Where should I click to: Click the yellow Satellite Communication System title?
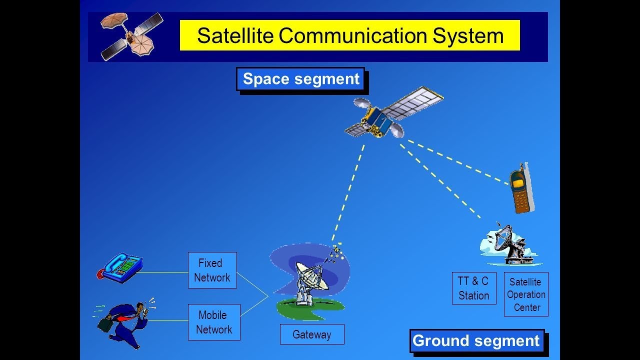pos(349,35)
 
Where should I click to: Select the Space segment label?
pos(300,79)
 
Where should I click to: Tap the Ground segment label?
pos(476,341)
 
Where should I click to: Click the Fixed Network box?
pos(212,270)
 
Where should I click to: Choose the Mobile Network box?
pos(214,322)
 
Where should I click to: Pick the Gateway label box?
pos(311,334)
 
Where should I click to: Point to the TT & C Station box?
pos(473,288)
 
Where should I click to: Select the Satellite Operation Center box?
pos(526,294)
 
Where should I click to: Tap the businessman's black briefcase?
pos(105,324)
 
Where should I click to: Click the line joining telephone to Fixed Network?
pos(162,272)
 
